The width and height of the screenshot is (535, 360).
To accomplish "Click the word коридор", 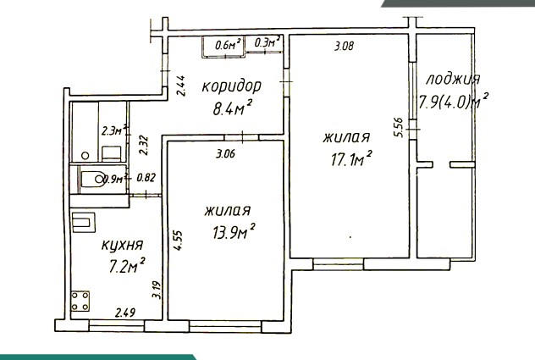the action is pyautogui.click(x=232, y=86).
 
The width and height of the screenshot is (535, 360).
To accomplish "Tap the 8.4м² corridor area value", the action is pyautogui.click(x=233, y=108).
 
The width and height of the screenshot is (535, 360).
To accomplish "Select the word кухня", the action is pyautogui.click(x=122, y=246).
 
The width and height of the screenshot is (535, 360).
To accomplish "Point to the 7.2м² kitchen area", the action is pyautogui.click(x=127, y=266).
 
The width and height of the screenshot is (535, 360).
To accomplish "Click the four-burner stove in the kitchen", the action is pyautogui.click(x=80, y=301).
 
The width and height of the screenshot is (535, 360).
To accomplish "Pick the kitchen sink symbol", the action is pyautogui.click(x=83, y=222).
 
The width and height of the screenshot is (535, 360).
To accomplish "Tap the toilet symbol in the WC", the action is pyautogui.click(x=93, y=179).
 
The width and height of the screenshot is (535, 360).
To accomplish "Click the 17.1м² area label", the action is pyautogui.click(x=351, y=159).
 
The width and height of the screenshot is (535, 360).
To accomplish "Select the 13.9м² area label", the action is pyautogui.click(x=234, y=232).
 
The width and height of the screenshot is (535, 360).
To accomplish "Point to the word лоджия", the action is pyautogui.click(x=453, y=80).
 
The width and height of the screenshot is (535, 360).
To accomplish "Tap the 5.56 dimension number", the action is pyautogui.click(x=398, y=127).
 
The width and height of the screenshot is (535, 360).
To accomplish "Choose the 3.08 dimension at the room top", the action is pyautogui.click(x=344, y=46).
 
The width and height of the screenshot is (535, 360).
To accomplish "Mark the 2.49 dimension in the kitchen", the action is pyautogui.click(x=125, y=313).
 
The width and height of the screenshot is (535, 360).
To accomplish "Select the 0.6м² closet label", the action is pyautogui.click(x=228, y=44).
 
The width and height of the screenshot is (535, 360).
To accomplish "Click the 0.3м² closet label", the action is pyautogui.click(x=267, y=42).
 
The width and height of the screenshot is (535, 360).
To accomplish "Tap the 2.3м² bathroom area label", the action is pyautogui.click(x=115, y=130).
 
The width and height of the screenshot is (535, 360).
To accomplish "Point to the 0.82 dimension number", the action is pyautogui.click(x=146, y=178).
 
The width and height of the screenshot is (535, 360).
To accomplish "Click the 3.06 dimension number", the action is pyautogui.click(x=225, y=154).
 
